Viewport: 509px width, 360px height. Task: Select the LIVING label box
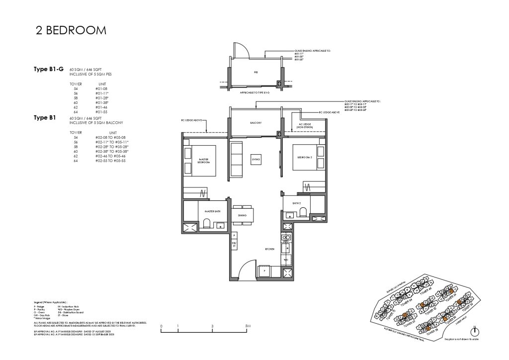coord(255,159)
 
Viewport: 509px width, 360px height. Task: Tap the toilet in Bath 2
coord(302,213)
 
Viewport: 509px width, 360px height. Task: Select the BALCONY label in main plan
coord(255,122)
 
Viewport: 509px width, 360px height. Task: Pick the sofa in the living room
coord(236,159)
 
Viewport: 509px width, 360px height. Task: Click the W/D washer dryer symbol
coord(285,260)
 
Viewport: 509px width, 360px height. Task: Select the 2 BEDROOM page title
coord(71,31)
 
